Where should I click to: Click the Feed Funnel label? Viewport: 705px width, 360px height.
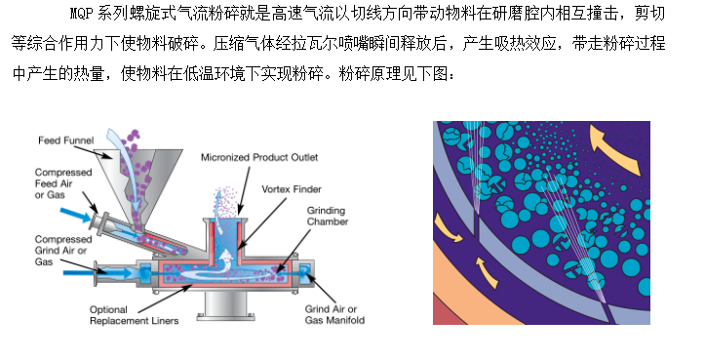click(65, 140)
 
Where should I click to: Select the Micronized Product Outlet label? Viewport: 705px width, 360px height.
click(259, 157)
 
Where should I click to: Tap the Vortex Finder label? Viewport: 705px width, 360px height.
click(292, 189)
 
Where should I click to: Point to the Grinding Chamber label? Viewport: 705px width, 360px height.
click(328, 216)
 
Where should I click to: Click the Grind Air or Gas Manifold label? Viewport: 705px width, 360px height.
click(334, 314)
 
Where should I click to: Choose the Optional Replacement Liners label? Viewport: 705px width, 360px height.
click(134, 315)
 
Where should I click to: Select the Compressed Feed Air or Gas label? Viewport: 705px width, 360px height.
click(63, 183)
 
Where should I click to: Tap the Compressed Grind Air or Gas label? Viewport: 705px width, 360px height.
click(63, 251)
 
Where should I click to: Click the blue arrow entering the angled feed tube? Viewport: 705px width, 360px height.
click(75, 215)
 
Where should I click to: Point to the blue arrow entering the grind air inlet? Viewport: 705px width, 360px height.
click(98, 273)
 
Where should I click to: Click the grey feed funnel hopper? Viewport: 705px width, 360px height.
click(139, 180)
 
